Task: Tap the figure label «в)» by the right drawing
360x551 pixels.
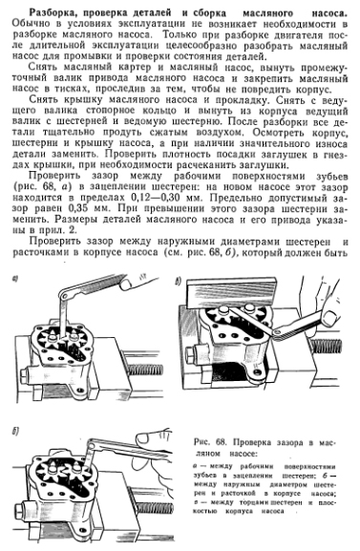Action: click(179, 281)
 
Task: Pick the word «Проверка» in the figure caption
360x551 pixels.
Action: click(249, 442)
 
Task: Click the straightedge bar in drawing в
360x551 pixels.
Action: click(231, 294)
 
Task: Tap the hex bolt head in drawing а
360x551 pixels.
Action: click(26, 373)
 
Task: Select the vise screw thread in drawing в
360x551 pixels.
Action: click(326, 346)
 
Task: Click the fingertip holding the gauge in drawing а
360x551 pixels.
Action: click(126, 285)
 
